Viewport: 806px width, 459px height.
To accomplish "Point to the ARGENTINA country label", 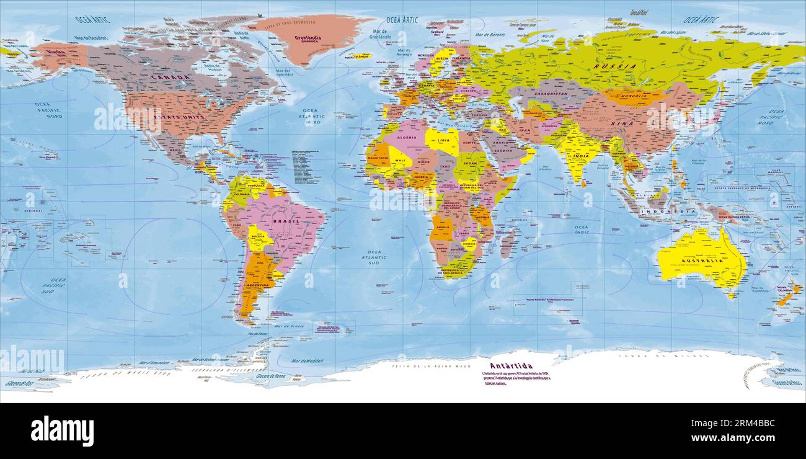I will pos(257,285).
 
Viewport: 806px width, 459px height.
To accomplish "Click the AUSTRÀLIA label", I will pos(702,261).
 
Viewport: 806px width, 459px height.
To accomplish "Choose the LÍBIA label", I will pos(443,141).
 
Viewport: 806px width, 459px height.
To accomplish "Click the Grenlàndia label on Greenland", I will pos(308,38).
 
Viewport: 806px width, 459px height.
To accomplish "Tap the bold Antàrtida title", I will pos(511,366).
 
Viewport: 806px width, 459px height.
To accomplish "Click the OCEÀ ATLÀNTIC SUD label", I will pos(374,257).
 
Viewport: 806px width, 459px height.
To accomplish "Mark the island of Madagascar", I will pos(507,242).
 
